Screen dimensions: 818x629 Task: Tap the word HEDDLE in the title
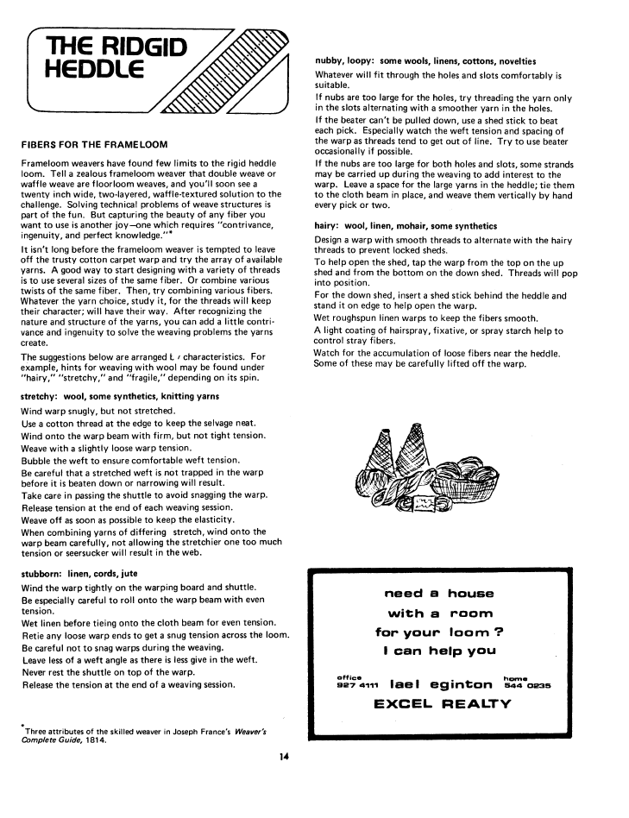tap(97, 71)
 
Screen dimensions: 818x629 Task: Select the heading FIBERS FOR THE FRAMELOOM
tap(94, 143)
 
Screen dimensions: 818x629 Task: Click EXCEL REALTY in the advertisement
tap(442, 703)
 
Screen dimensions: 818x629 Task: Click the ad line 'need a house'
tap(438, 594)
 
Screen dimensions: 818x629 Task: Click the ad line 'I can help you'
tap(438, 651)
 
